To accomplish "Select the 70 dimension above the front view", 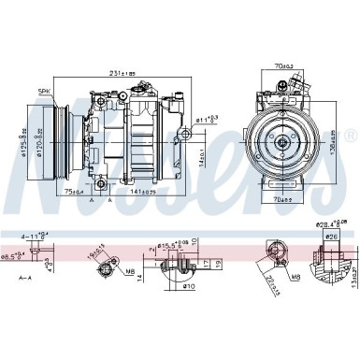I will (282, 67).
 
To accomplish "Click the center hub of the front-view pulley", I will (281, 142).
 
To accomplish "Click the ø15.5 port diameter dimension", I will (171, 245).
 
